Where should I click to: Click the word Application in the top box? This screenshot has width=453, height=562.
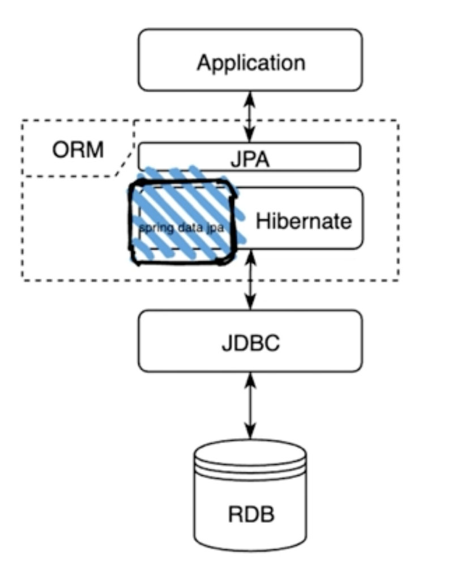tap(251, 62)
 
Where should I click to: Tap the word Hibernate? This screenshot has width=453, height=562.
tap(304, 221)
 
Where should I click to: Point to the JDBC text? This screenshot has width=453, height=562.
tap(250, 343)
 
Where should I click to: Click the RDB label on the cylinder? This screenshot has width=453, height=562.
tap(250, 514)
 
